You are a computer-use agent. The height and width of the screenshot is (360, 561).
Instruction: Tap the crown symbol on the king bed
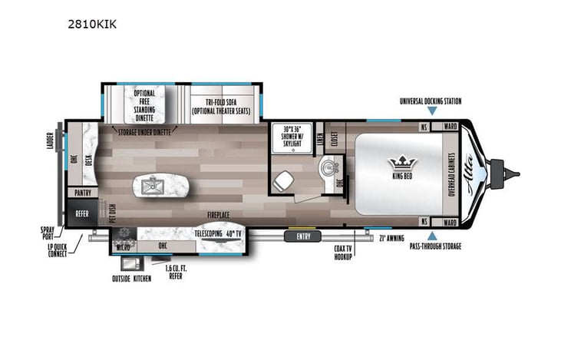[401, 163]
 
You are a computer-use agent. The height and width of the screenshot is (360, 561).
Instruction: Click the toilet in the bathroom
[282, 181]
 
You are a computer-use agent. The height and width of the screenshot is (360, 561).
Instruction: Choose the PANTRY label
[81, 192]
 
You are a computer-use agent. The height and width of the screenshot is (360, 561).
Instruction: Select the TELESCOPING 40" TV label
[217, 232]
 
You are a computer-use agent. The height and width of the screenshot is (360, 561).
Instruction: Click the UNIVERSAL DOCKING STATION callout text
[431, 101]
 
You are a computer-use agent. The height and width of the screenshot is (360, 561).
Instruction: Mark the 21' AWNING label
[391, 239]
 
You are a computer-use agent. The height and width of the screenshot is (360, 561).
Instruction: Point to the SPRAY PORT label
[51, 233]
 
